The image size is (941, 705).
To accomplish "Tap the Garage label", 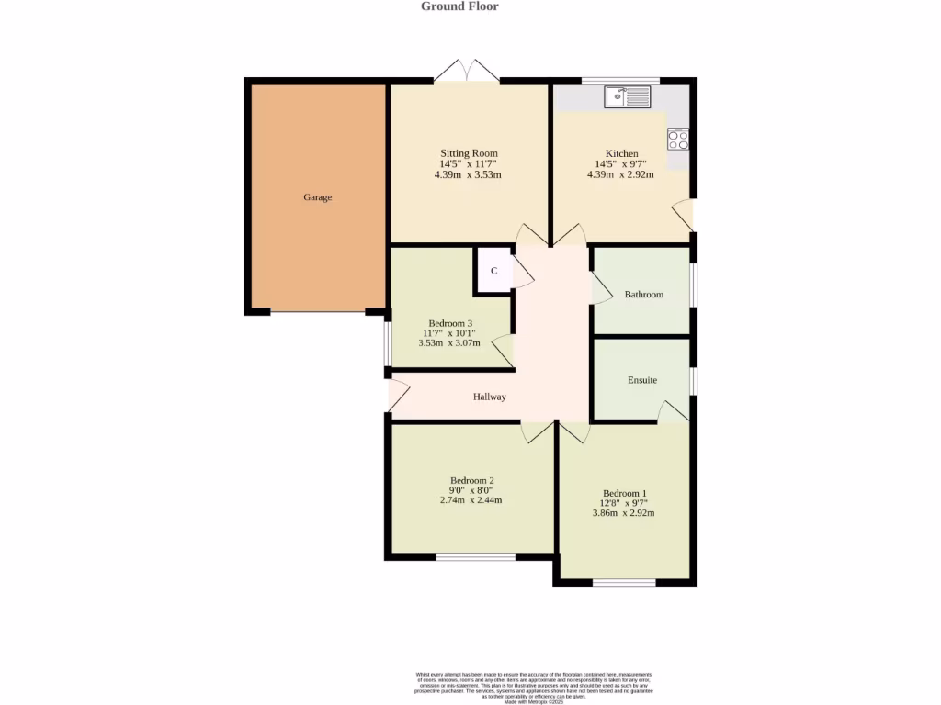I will pos(318,197).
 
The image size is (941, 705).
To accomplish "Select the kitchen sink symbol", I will pos(628,95).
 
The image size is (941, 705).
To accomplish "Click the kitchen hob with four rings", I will pos(678,140).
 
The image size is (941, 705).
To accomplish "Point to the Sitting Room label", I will pos(468,153).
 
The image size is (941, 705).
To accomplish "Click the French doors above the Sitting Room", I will pos(468,73).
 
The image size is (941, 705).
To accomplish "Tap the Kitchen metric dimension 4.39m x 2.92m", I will pos(620,174).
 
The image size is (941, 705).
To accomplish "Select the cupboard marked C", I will pos(493,271).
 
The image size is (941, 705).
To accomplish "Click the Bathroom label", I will pos(643,295).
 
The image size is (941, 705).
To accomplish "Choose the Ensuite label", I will pos(642,380).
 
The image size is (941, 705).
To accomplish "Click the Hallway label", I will pos(490,397).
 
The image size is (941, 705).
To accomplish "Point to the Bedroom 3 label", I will pos(450,323).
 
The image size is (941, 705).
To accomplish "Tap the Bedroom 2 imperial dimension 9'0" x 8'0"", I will pos(471,490).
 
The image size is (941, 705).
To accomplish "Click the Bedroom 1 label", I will pos(624,493).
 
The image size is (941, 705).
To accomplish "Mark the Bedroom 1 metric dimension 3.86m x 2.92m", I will pos(624,514).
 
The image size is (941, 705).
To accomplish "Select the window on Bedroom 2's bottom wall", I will pos(475,556).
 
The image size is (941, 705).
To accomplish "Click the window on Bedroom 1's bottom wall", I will pos(624,583).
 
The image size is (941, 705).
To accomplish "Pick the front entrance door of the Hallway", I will pos(397,395).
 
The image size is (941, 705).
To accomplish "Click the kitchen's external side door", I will pos(684,216).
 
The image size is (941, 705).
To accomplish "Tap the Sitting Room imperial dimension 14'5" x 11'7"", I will pos(468,164).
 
